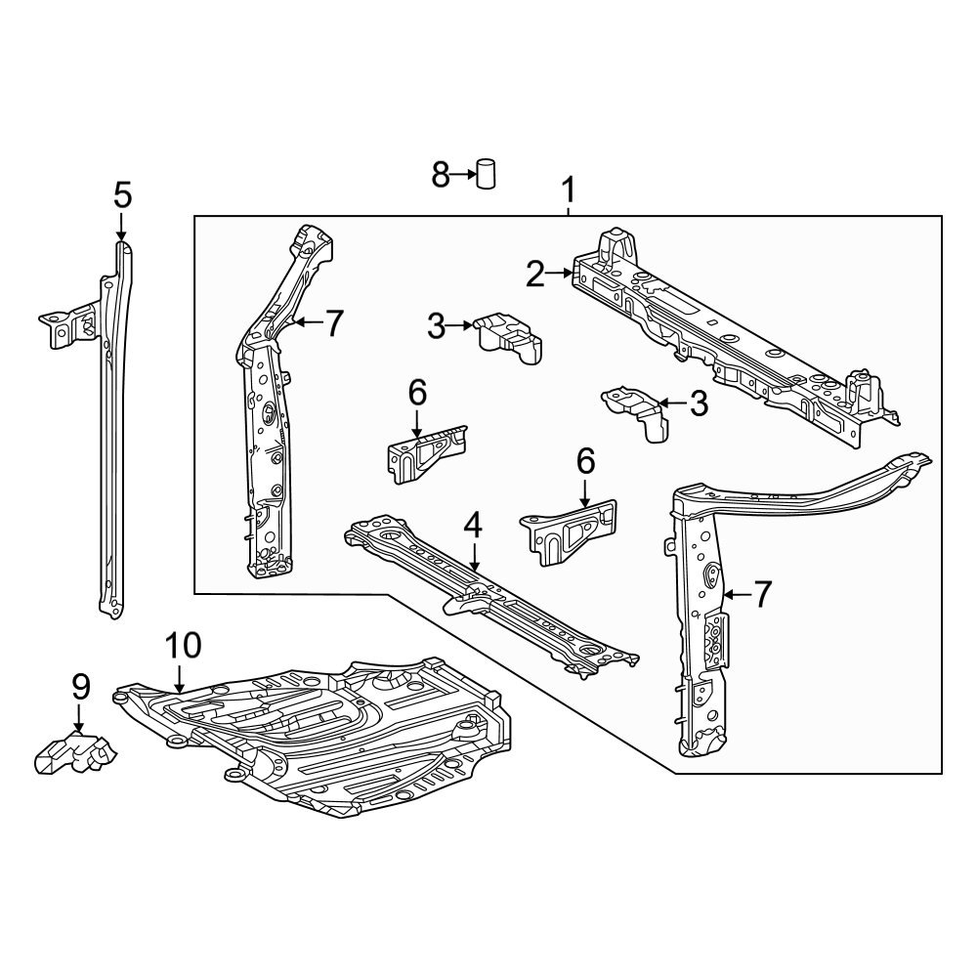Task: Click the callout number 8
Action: pos(440,176)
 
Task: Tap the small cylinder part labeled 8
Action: pos(486,174)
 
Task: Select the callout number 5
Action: pos(121,195)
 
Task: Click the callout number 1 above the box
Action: pos(568,188)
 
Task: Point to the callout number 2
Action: pos(534,275)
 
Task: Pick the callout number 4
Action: pos(473,526)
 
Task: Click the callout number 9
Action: pos(80,686)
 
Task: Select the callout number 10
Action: pos(183,645)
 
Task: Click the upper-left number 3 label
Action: pos(437,326)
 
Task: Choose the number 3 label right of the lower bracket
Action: pos(698,403)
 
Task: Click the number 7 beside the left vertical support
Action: pos(334,322)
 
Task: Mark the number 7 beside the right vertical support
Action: pos(761,592)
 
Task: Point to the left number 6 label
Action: pos(417,393)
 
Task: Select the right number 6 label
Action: pos(585,459)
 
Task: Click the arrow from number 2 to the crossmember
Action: pos(561,275)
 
